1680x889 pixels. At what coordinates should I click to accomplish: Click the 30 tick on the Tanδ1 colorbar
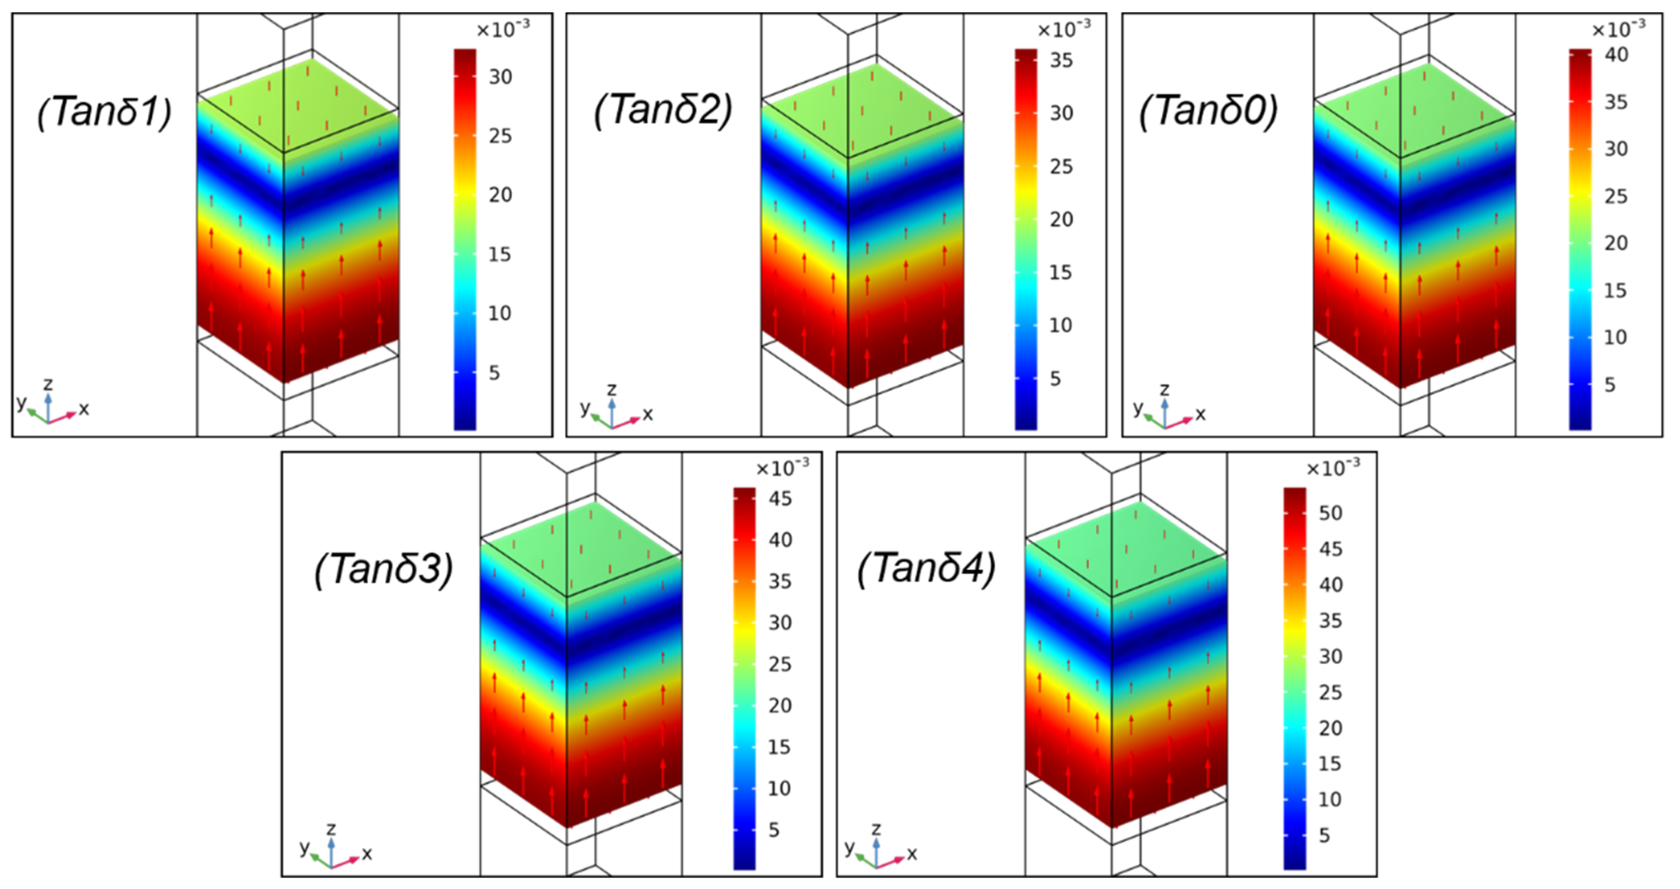click(500, 77)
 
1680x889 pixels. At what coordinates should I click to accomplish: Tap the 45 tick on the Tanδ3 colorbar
click(780, 499)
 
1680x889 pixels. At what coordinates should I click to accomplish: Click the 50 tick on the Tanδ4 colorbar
click(1330, 513)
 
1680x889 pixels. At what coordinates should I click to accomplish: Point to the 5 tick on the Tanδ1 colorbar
click(494, 373)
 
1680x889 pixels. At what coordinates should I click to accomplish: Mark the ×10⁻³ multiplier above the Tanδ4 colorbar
click(1333, 467)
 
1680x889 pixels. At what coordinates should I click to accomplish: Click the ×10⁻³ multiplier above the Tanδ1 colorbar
click(503, 30)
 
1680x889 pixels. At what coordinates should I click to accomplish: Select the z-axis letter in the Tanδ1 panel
click(47, 384)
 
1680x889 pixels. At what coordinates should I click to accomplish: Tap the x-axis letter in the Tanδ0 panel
click(1201, 414)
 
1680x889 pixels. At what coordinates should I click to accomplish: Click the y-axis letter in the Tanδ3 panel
click(304, 847)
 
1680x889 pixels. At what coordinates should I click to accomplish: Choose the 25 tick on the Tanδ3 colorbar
click(780, 664)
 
